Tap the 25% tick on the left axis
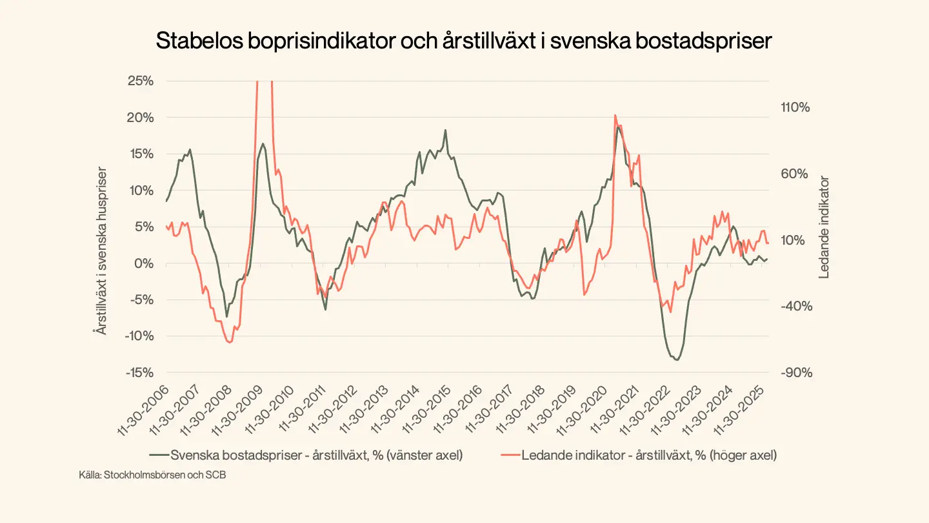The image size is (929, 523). coord(140,81)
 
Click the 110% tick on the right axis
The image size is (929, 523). coord(794,108)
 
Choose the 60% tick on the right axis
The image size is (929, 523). coord(794,174)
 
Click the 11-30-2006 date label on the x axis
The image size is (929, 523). coord(145,411)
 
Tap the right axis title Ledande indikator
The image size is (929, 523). coord(824,228)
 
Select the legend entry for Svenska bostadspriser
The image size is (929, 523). coord(306,455)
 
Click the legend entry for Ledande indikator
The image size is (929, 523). coord(639,455)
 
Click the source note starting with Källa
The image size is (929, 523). coord(153,476)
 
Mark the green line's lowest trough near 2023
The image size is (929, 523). coord(676,360)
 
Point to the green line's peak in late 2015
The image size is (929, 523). coord(445,130)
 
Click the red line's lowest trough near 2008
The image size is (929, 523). coord(229,342)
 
